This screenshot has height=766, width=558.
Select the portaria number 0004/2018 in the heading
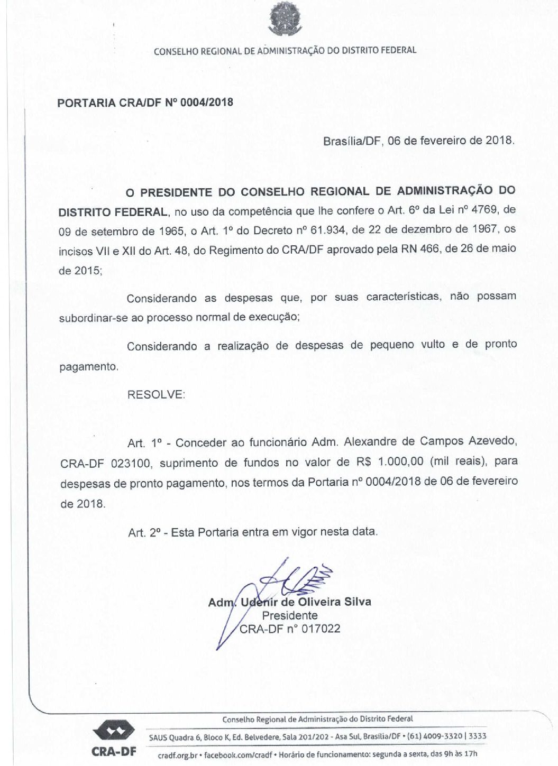207,102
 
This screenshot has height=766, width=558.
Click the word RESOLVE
156,394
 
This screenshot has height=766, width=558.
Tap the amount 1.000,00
400,462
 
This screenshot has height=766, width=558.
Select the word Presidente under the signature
290,615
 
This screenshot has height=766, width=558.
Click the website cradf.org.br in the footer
177,755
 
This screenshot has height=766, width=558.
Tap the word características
404,297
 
